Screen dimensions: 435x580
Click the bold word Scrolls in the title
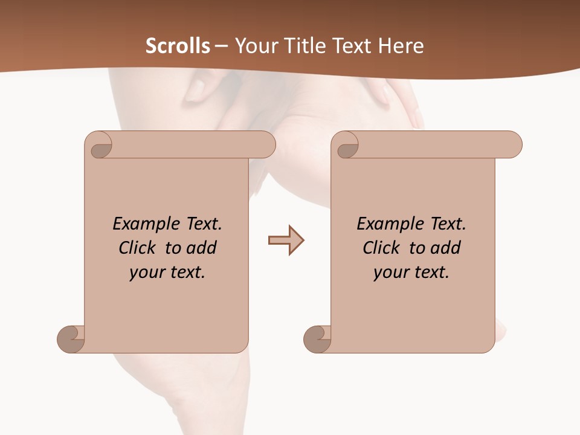click(x=178, y=46)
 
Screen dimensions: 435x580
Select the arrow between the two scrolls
click(x=286, y=240)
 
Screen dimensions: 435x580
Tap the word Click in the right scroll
click(x=381, y=248)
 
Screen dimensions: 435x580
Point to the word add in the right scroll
click(x=446, y=248)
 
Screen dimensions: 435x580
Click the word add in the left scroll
click(x=202, y=248)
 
